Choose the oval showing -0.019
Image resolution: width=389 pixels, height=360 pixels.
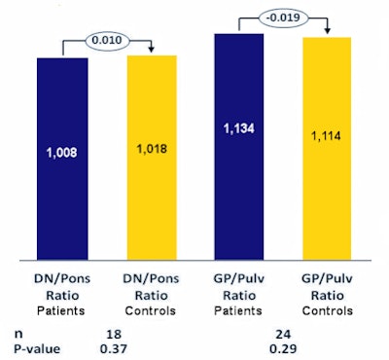point(281,18)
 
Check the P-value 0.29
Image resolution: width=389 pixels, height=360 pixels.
point(283,346)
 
